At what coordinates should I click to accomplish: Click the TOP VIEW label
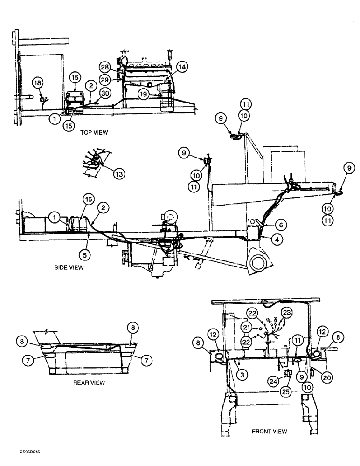(95, 132)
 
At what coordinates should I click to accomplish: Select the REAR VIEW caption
(89, 383)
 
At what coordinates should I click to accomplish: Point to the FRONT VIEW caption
(270, 432)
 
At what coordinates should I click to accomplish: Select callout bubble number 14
(181, 67)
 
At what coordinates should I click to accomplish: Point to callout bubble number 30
(105, 93)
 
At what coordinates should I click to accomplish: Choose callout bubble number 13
(119, 174)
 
